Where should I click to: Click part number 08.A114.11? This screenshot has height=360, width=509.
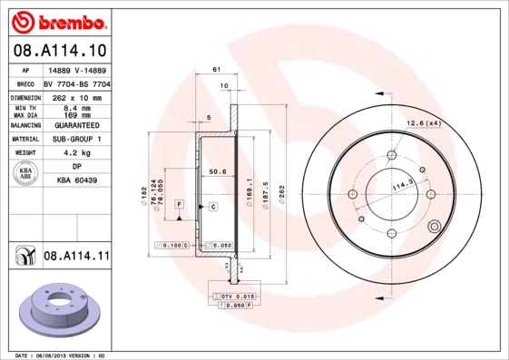[x=76, y=257]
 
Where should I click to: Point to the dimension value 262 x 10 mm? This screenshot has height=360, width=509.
[x=76, y=95]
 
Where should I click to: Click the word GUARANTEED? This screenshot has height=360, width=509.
[x=76, y=125]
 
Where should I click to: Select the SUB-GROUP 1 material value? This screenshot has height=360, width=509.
[x=76, y=140]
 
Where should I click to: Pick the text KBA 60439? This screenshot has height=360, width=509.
[x=76, y=181]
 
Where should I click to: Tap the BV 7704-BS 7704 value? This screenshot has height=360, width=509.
[x=76, y=82]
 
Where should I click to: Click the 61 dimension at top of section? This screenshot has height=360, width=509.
[x=215, y=69]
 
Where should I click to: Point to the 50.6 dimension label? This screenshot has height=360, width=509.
[x=218, y=170]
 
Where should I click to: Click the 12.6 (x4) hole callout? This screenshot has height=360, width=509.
[x=423, y=122]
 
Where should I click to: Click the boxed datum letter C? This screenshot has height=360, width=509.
[x=212, y=207]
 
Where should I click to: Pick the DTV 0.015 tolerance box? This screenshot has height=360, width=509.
[x=238, y=297]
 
